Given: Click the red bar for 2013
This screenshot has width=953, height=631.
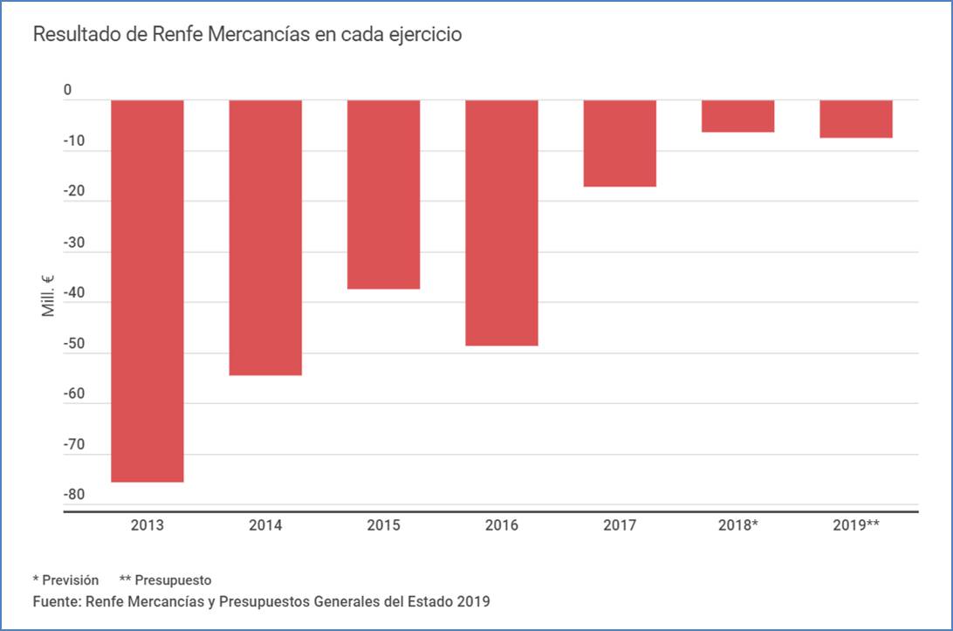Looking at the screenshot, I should click(147, 291).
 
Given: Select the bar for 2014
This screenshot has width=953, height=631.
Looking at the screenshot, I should click(265, 237).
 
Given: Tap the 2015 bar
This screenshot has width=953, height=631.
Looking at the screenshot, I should click(384, 194).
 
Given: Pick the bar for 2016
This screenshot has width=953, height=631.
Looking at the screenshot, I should click(502, 223).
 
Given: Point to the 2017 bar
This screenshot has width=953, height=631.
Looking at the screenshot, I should click(620, 143).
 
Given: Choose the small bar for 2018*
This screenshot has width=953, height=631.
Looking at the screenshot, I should click(738, 116).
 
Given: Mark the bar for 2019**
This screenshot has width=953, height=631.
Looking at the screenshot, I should click(856, 119).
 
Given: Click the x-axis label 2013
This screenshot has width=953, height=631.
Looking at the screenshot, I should click(147, 525).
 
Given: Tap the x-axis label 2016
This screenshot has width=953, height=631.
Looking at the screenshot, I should click(502, 525).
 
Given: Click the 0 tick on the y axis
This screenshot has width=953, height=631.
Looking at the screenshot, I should click(67, 92).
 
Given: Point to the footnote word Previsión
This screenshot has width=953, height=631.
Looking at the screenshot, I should click(71, 580).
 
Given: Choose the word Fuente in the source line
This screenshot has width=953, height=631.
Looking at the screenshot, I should click(53, 601).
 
